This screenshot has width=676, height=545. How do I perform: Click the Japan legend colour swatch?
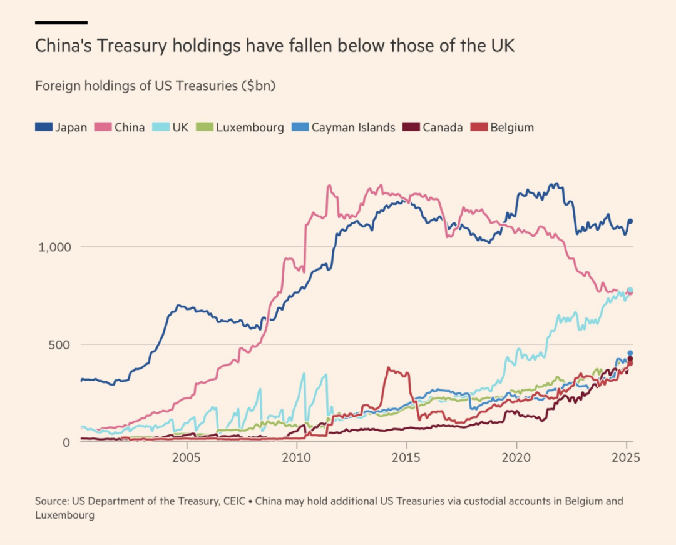[x=44, y=127]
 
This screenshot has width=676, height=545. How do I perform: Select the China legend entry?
[x=120, y=127]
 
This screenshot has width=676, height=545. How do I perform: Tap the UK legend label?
[x=180, y=127]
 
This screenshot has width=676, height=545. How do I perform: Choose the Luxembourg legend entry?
[x=240, y=127]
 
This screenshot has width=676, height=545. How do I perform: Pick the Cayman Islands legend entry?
[x=344, y=127]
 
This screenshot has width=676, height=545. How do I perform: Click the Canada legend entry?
[x=433, y=127]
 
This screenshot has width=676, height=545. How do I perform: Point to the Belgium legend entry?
[x=502, y=127]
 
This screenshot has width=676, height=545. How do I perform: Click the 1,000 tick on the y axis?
[x=54, y=247]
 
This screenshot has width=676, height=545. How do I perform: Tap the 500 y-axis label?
[x=59, y=345]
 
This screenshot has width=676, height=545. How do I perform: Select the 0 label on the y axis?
[x=66, y=442]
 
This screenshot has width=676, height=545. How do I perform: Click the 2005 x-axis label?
[x=187, y=457]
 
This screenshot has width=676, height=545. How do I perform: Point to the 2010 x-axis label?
[x=296, y=457]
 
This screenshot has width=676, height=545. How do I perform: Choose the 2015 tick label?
[x=406, y=457]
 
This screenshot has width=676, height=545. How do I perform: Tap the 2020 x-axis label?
[x=516, y=457]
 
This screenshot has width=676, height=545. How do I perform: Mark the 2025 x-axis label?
[x=626, y=457]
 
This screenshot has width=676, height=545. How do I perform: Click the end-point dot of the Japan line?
[x=630, y=221]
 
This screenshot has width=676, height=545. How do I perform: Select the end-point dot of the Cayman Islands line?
[x=630, y=353]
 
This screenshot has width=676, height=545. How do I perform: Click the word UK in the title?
[x=503, y=46]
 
